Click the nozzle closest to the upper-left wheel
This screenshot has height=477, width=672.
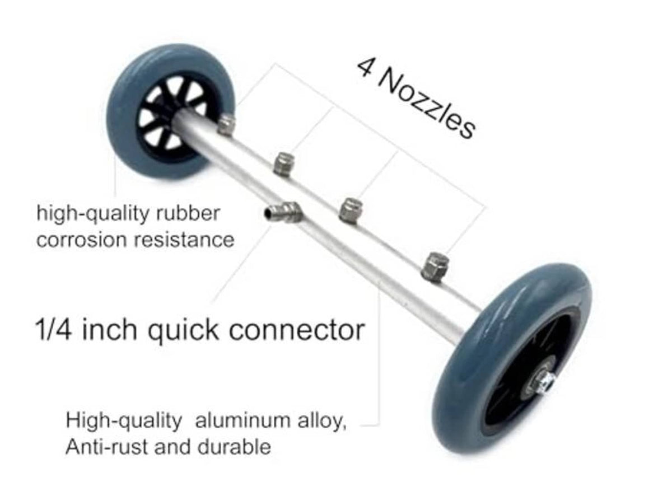(x=226, y=125)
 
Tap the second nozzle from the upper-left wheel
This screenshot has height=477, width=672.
(x=284, y=164)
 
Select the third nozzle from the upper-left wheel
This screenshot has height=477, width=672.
(x=351, y=211)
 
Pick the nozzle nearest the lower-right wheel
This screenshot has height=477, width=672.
(x=435, y=267)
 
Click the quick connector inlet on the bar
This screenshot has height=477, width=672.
(x=283, y=212)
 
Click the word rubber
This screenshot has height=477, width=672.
(x=189, y=213)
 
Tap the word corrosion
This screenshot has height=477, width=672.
(x=81, y=241)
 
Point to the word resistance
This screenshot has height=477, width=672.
(x=184, y=240)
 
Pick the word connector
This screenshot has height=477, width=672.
(x=297, y=331)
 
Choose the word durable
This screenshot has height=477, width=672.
(x=234, y=447)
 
